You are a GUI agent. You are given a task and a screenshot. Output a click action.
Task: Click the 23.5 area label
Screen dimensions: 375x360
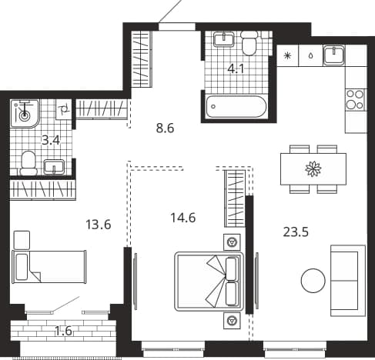pos(296,232)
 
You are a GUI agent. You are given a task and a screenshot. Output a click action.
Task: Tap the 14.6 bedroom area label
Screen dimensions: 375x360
pos(183,218)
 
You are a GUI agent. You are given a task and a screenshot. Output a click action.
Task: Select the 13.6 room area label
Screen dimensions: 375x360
pos(99,225)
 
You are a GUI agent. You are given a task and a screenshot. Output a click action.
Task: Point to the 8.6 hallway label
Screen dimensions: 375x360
pos(165,128)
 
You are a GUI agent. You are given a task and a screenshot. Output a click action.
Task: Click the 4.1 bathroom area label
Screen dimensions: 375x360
pos(236,69)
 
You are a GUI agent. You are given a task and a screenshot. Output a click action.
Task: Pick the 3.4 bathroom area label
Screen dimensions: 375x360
pos(51,140)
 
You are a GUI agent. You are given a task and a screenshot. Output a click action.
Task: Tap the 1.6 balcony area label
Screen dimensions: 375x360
pos(63,331)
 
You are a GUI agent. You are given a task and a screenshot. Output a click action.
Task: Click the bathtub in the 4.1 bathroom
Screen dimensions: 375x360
pos(236,106)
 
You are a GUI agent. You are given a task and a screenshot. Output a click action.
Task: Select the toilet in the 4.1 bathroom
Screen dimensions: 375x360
pos(249,43)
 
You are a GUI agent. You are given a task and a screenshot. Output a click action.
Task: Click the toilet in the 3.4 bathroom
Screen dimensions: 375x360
pos(28,163)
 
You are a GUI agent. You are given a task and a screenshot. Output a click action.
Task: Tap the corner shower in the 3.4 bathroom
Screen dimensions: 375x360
pos(25,114)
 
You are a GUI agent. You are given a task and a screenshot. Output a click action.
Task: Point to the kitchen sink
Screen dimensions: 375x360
pos(333,55)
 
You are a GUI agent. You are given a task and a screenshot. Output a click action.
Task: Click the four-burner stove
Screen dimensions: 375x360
pos(356,100)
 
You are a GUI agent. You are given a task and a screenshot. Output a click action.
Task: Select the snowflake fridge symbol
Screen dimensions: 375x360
pos(288,55)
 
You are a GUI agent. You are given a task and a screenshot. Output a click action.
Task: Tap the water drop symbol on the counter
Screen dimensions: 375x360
pos(311,55)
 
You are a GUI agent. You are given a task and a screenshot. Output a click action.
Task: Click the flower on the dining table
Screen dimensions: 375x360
pos(313,168)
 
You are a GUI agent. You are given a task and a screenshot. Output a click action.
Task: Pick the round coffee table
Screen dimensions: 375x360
pos(313,280)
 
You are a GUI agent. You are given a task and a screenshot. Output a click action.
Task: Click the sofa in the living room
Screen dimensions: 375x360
pos(348,281)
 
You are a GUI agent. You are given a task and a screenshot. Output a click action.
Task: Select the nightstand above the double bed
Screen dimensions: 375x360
pos(232,242)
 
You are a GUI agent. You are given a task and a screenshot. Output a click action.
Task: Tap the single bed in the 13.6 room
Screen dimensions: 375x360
pos(49,267)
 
